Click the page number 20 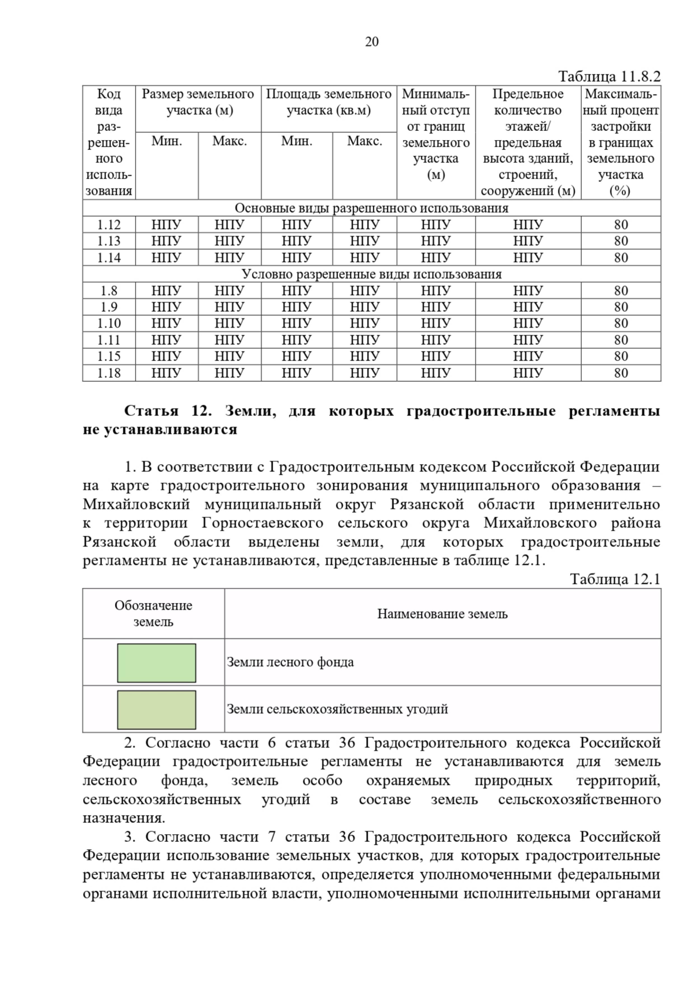click(372, 42)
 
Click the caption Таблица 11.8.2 click(609, 76)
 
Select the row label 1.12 click(109, 225)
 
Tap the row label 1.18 click(109, 373)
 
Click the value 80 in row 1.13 click(621, 241)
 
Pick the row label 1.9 click(109, 307)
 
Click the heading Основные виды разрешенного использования click(371, 208)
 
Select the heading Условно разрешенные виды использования click(371, 274)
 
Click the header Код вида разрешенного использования click(109, 142)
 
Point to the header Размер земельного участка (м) click(198, 102)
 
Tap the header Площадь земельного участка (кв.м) click(328, 102)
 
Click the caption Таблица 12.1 click(615, 579)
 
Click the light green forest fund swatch click(156, 663)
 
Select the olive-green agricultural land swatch click(156, 710)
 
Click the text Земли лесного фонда click(290, 662)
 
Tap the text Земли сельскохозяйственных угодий click(337, 709)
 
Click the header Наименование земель click(442, 614)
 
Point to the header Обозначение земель click(153, 614)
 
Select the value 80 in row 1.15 click(621, 356)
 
